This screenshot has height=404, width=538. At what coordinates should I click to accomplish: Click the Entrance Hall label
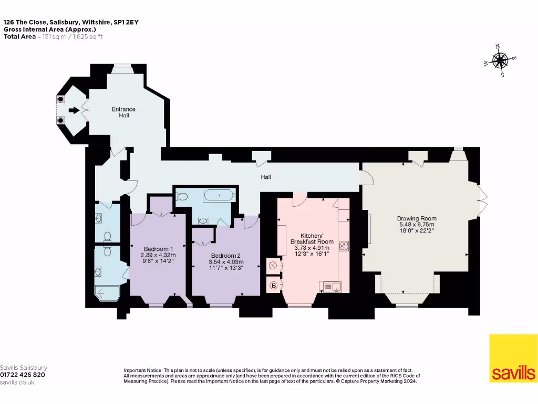pos(123,113)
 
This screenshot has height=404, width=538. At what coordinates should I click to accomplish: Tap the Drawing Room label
pos(417,218)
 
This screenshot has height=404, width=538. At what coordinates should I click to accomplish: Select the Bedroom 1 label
pos(158,249)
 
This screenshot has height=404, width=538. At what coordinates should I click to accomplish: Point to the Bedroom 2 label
pos(226,256)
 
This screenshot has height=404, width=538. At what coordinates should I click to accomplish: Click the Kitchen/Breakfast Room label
pos(312,239)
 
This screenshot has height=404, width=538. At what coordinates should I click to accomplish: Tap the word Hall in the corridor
pos(266,177)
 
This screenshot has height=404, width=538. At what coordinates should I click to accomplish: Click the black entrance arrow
pos(74,110)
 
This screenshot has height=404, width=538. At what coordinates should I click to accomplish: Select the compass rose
pos(500,61)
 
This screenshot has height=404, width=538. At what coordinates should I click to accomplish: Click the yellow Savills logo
pos(513,358)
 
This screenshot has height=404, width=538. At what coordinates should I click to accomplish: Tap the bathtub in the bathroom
pos(220,196)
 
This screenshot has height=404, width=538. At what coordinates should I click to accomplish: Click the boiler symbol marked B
pos(273,286)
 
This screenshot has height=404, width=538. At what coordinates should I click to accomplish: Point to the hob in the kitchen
pos(344,246)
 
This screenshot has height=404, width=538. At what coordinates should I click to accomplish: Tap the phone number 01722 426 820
pos(23,375)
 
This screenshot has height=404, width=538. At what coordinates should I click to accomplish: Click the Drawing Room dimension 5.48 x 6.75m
pos(417,225)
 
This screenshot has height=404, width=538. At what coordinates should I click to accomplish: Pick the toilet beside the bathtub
pos(181,197)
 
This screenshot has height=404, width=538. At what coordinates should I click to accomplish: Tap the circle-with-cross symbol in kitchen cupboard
pos(273,266)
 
